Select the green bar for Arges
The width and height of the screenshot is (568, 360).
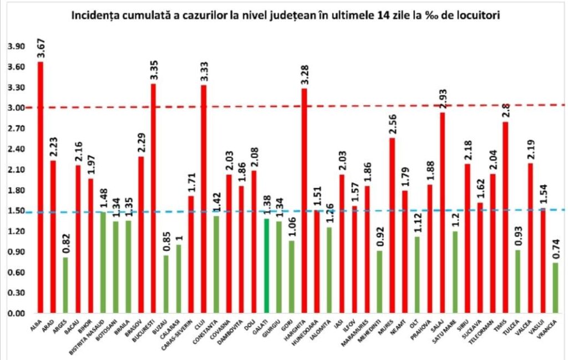pos(66,285)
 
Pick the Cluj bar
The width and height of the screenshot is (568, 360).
pos(204,199)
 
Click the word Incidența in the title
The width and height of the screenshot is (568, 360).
pos(97,16)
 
